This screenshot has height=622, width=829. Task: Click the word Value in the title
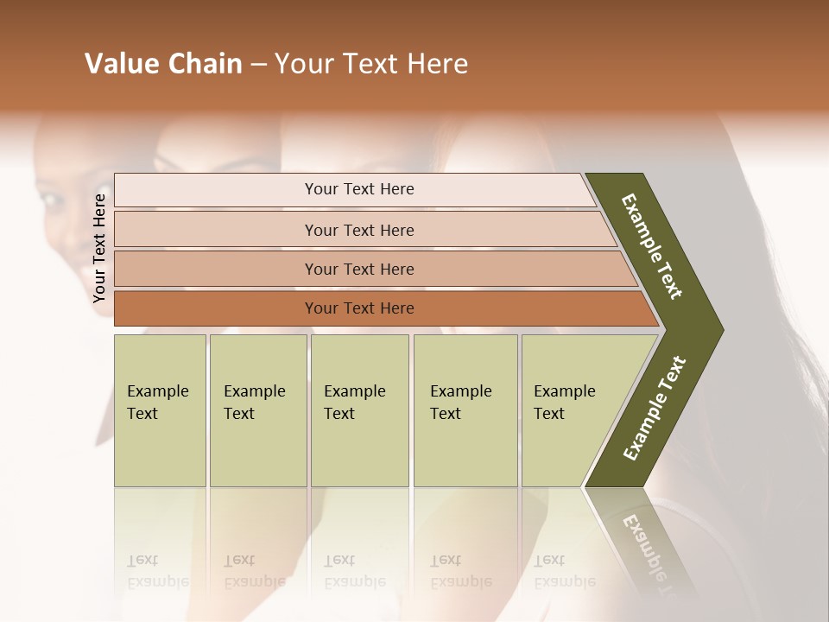click(x=120, y=64)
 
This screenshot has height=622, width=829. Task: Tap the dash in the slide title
click(x=258, y=65)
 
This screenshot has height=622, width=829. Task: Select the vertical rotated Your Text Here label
click(x=99, y=248)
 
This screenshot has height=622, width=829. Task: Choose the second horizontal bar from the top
click(x=358, y=230)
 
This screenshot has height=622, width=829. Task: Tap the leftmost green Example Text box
click(x=160, y=410)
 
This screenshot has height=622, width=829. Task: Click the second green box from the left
click(x=257, y=410)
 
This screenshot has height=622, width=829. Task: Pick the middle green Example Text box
click(x=359, y=410)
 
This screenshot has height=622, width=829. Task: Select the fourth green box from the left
click(x=465, y=410)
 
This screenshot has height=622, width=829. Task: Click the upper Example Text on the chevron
click(x=653, y=245)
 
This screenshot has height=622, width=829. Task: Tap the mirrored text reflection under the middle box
click(x=354, y=571)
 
